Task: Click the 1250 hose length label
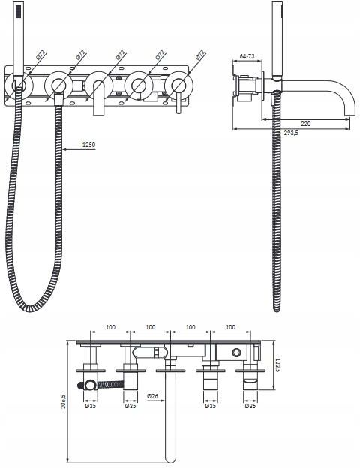pos(88,145)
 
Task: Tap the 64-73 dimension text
pos(247,56)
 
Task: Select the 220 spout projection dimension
pos(306,124)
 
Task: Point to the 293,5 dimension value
pos(291,133)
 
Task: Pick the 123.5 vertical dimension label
pos(277,365)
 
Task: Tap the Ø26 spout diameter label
pos(152,396)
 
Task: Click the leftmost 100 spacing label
pos(110,327)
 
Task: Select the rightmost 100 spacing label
pos(230,327)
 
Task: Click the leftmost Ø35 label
pos(91,406)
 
